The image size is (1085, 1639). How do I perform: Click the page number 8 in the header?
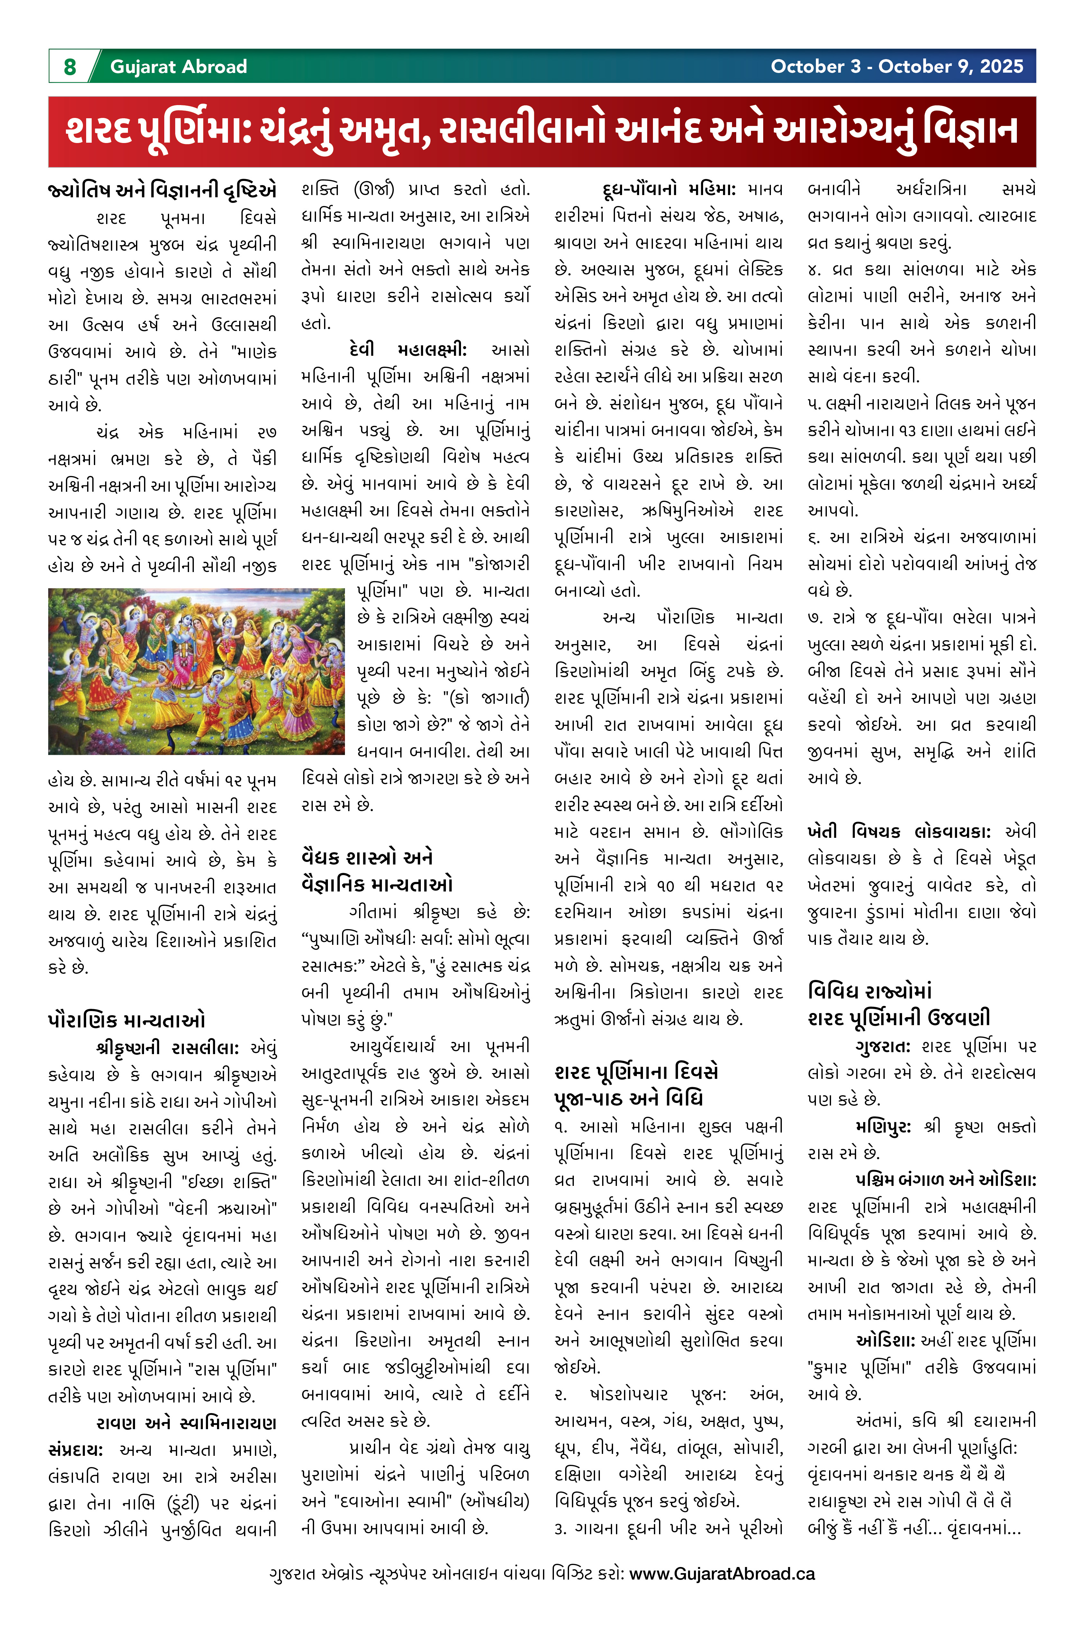(x=70, y=67)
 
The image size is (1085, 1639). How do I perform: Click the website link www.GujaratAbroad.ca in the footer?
(x=722, y=1573)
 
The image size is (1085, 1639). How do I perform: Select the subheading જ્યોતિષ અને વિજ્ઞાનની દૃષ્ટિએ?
(x=162, y=190)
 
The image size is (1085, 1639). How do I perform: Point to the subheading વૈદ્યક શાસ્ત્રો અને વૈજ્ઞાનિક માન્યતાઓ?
(x=377, y=871)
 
